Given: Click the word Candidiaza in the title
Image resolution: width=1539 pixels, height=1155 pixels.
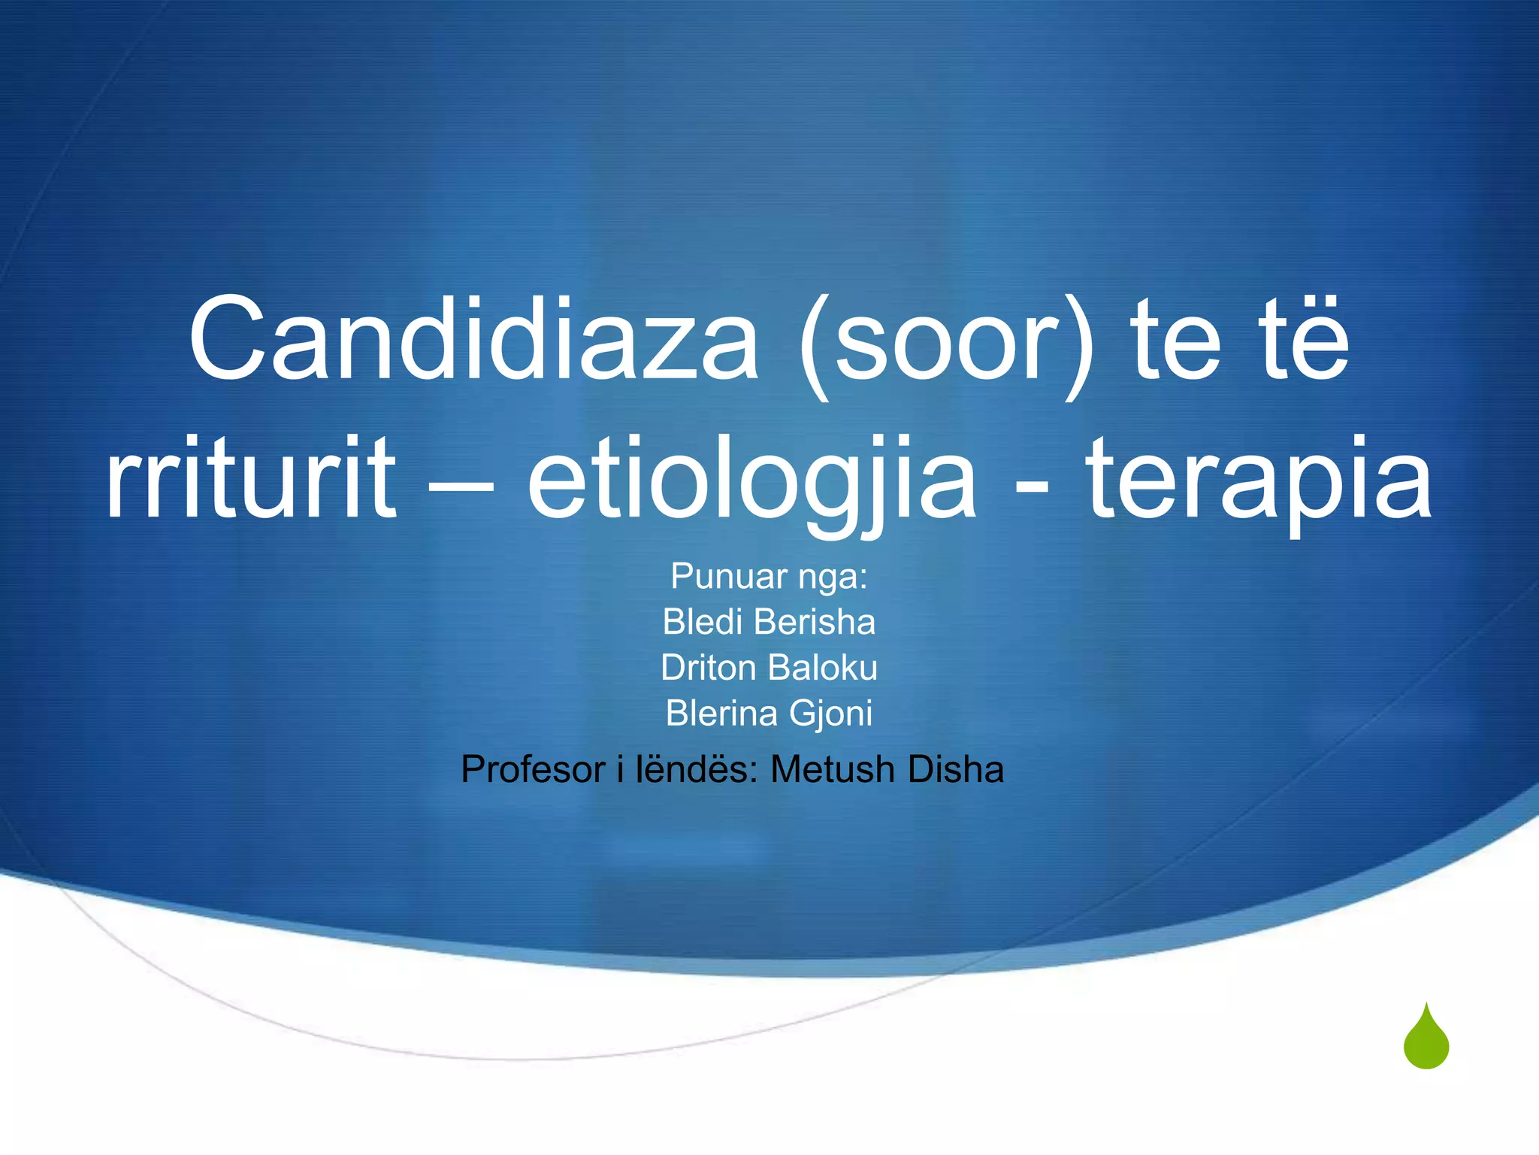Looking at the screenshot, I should (x=473, y=340).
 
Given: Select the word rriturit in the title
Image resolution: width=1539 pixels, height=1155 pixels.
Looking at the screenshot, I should (x=250, y=478).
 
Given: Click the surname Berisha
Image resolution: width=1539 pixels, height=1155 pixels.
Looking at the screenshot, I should (x=815, y=623).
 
